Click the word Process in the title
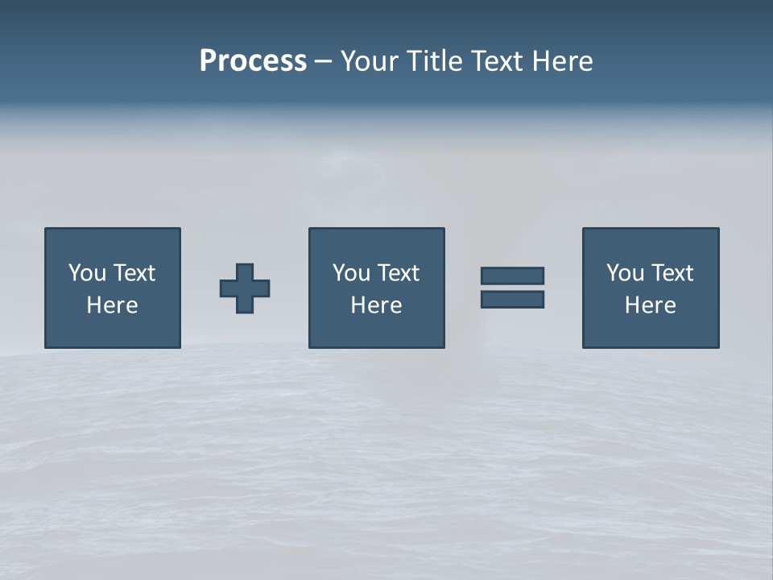pyautogui.click(x=253, y=61)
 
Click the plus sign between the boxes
pyautogui.click(x=245, y=288)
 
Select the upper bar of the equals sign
pyautogui.click(x=512, y=275)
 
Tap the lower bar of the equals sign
pyautogui.click(x=512, y=299)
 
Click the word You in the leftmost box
pyautogui.click(x=87, y=273)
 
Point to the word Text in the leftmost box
pyautogui.click(x=134, y=273)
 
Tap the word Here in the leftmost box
pyautogui.click(x=113, y=305)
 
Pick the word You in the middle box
pyautogui.click(x=351, y=273)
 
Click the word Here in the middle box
pyautogui.click(x=377, y=305)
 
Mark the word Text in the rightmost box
pyautogui.click(x=672, y=273)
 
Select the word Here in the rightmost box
pyautogui.click(x=651, y=305)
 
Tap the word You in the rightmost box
pyautogui.click(x=625, y=273)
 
